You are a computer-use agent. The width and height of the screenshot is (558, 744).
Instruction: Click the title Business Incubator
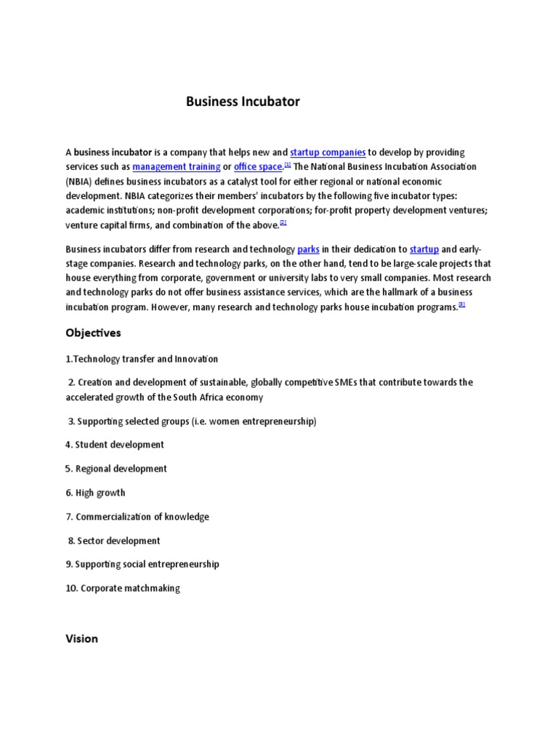243,102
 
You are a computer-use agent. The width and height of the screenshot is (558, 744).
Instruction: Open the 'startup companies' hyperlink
327,153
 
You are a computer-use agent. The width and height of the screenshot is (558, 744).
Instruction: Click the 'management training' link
177,167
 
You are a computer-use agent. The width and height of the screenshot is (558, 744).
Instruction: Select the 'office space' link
257,167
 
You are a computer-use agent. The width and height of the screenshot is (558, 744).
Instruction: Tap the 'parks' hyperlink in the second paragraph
308,249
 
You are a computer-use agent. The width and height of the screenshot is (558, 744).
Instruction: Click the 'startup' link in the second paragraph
424,249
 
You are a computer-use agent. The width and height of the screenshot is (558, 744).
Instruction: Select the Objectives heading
93,333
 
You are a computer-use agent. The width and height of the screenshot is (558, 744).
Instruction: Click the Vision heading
81,639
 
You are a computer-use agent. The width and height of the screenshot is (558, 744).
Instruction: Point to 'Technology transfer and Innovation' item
142,359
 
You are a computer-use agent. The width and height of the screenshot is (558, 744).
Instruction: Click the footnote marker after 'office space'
288,165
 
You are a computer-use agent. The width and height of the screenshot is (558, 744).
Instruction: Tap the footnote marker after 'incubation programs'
461,304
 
